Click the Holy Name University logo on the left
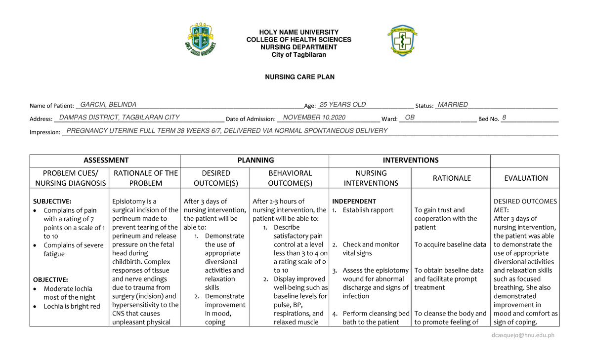pos(200,40)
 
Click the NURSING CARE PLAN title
pos(299,77)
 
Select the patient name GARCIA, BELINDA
pos(108,105)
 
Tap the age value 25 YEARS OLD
pos(342,105)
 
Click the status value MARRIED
pos(453,105)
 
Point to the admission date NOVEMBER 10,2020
pos(314,118)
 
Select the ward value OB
pos(410,118)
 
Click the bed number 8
pos(504,118)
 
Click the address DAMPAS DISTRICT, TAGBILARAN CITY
pos(119,118)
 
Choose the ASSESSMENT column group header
pos(106,160)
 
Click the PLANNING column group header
pos(255,160)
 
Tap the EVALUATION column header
pos(525,178)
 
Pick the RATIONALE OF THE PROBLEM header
pos(146,178)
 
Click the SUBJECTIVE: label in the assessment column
pos(52,201)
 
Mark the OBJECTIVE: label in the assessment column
pos(50,280)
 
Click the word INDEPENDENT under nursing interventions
pos(354,201)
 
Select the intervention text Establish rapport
pos(368,210)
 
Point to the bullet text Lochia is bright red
pos(72,306)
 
